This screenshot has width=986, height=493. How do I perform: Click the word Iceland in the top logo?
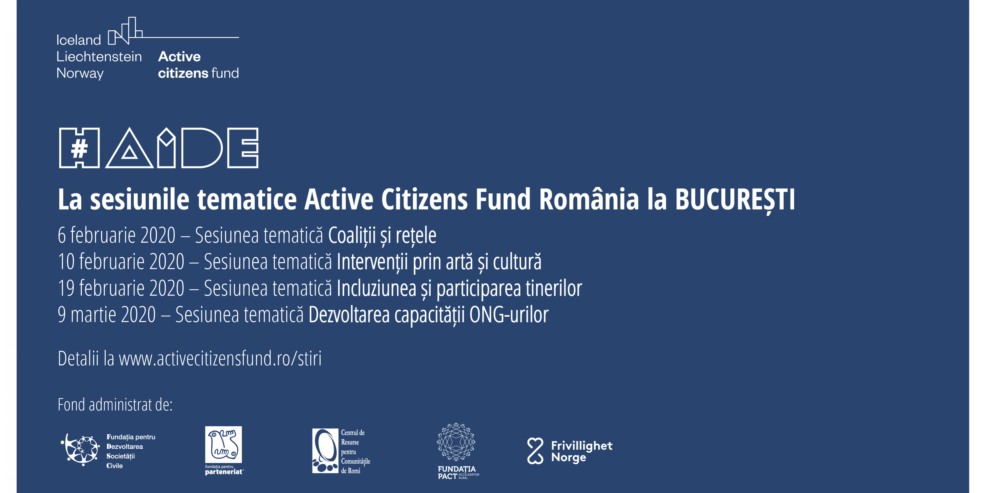click(x=78, y=40)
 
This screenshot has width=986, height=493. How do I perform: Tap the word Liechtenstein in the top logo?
click(x=99, y=57)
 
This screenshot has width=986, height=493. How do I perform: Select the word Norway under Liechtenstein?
click(x=80, y=73)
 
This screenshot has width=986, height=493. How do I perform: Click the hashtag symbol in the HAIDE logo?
click(x=79, y=148)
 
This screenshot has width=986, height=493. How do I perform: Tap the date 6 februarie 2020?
click(x=116, y=235)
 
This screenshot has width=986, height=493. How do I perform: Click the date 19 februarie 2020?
click(x=121, y=288)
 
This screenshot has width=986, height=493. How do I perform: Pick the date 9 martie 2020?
click(x=107, y=315)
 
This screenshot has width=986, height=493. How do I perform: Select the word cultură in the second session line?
click(x=517, y=262)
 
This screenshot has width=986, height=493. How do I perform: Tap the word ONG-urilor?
click(x=509, y=315)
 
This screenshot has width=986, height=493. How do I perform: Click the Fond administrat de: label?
click(x=115, y=405)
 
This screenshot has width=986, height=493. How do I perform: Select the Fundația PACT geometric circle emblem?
click(x=456, y=442)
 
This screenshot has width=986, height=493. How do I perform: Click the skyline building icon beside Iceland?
click(x=125, y=31)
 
